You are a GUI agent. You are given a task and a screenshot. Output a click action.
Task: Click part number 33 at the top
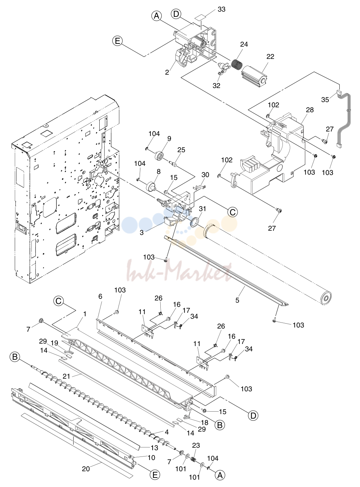pyautogui.click(x=221, y=9)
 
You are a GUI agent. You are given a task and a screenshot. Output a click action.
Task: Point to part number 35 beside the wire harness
pyautogui.click(x=325, y=100)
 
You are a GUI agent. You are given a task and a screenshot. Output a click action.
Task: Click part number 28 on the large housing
pyautogui.click(x=310, y=110)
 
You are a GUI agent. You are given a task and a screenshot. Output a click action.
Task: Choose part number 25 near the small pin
pyautogui.click(x=181, y=150)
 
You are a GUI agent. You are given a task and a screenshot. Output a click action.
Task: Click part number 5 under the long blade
pyautogui.click(x=237, y=300)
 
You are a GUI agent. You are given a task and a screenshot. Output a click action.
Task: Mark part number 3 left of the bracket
pyautogui.click(x=142, y=232)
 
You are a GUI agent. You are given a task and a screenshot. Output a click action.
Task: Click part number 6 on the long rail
pyautogui.click(x=100, y=296)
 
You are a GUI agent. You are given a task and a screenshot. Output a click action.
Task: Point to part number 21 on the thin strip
pyautogui.click(x=66, y=376)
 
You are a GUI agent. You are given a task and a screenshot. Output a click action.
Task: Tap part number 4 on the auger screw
pyautogui.click(x=167, y=432)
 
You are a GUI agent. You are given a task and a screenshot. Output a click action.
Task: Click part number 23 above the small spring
pyautogui.click(x=196, y=445)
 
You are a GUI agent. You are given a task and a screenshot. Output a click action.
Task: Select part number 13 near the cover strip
pyautogui.click(x=154, y=448)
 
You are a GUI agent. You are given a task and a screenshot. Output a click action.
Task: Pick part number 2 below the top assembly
pyautogui.click(x=167, y=72)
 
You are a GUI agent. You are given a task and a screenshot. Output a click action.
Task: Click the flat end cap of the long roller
pyautogui.click(x=326, y=299)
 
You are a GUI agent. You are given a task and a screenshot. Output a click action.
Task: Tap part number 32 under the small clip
pyautogui.click(x=216, y=86)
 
